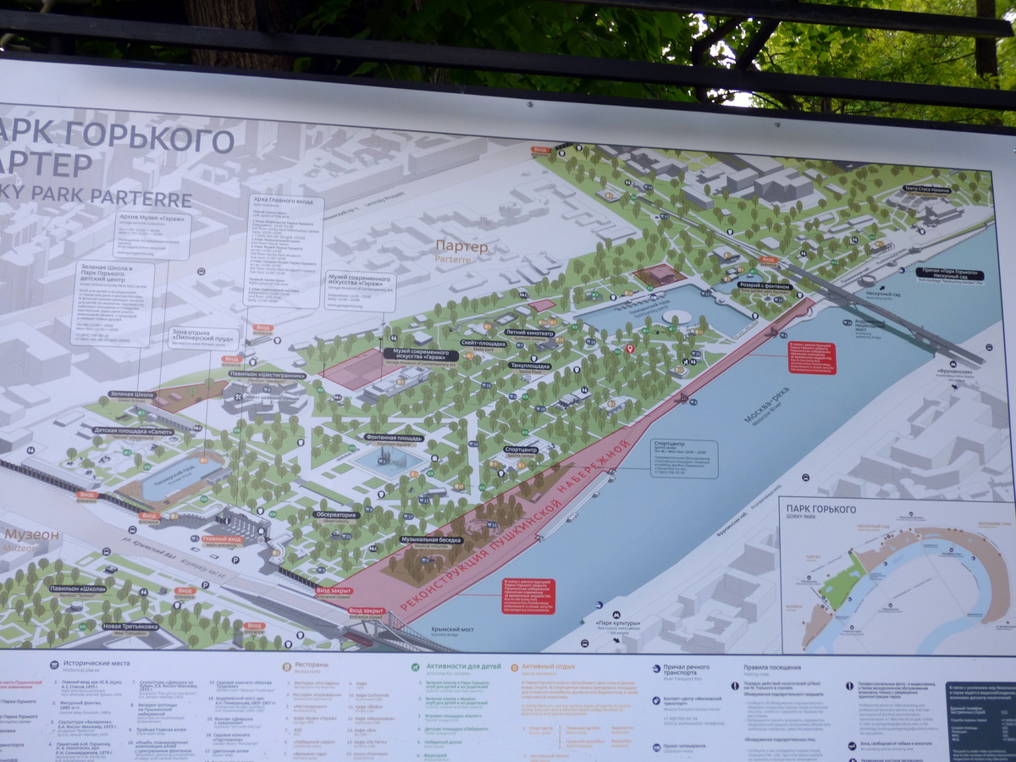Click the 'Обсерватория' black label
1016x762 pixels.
click(x=336, y=514)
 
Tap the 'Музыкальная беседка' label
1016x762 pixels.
click(x=432, y=539)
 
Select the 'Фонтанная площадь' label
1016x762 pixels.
click(x=395, y=438)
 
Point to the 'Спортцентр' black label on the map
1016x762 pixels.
click(x=522, y=450)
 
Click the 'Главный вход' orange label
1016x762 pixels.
click(x=223, y=538)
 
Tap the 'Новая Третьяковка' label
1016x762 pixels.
click(x=130, y=627)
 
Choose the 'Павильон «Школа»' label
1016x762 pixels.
click(x=77, y=588)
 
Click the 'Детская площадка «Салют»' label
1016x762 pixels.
click(x=134, y=431)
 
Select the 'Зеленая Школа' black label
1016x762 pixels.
click(x=133, y=395)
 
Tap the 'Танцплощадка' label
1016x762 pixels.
click(x=530, y=366)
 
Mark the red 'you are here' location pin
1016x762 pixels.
click(x=629, y=348)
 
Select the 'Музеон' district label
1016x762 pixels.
click(x=32, y=536)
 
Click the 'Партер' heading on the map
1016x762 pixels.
click(x=461, y=246)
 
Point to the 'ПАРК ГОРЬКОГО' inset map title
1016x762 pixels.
click(x=820, y=509)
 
